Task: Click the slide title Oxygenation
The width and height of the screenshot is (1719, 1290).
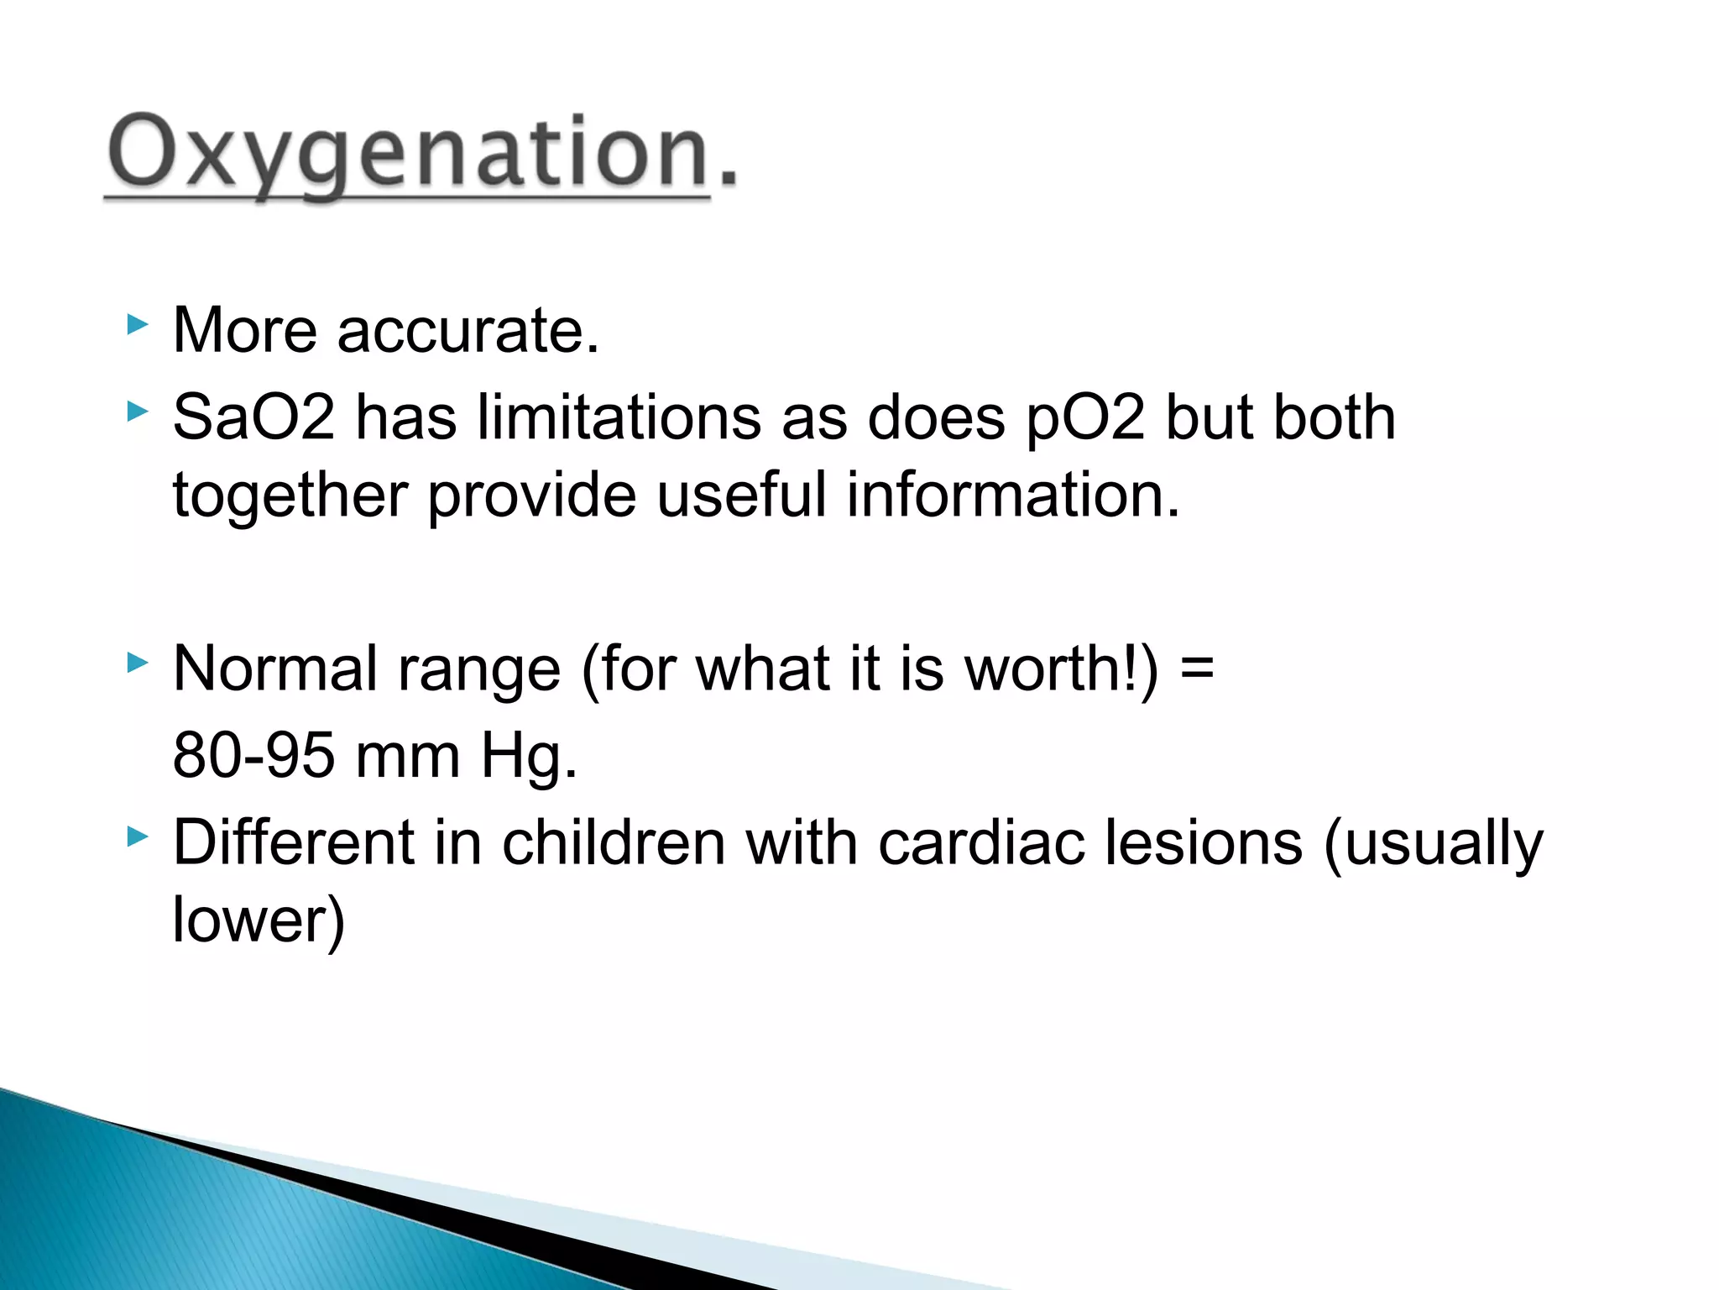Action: tap(421, 154)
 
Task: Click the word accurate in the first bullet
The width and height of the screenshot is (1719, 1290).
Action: tap(468, 330)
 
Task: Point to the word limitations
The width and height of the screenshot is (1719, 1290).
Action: tap(619, 417)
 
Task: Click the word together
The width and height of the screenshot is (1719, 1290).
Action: tap(290, 495)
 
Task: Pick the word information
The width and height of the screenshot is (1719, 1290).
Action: tap(1013, 495)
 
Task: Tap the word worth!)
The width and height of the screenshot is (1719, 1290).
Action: tap(1061, 669)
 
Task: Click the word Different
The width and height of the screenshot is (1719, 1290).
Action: tap(293, 842)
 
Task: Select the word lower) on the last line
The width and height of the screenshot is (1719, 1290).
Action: tap(259, 920)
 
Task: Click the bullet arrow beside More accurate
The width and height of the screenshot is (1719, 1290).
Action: tap(137, 324)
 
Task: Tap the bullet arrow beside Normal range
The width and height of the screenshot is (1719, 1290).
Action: tap(137, 663)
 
